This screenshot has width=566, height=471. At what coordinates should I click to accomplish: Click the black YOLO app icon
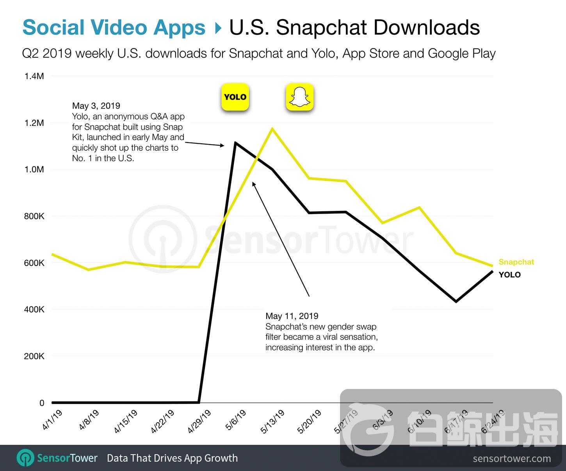pyautogui.click(x=235, y=97)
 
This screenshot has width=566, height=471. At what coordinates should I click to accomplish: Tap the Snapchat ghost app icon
pyautogui.click(x=300, y=97)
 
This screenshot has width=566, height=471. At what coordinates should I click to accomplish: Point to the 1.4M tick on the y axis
pyautogui.click(x=34, y=76)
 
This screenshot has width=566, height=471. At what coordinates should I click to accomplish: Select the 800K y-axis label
pyautogui.click(x=34, y=216)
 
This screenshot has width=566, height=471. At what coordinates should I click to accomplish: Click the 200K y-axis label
pyautogui.click(x=34, y=356)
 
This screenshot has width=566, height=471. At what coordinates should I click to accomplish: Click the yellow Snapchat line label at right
pyautogui.click(x=516, y=262)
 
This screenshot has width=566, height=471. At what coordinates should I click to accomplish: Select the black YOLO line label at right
pyautogui.click(x=509, y=275)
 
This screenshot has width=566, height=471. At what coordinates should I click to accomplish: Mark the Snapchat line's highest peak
pyautogui.click(x=272, y=128)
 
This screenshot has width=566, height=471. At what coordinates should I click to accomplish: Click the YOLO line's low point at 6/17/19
pyautogui.click(x=456, y=302)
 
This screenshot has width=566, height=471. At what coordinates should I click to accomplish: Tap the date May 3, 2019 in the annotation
pyautogui.click(x=96, y=106)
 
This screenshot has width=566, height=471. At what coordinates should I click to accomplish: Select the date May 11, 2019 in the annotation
pyautogui.click(x=292, y=316)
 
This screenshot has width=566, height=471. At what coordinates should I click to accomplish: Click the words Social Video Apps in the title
pyautogui.click(x=114, y=28)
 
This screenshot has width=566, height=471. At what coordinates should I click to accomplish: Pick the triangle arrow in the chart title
pyautogui.click(x=218, y=28)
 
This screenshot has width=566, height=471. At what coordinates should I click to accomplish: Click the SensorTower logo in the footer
pyautogui.click(x=57, y=458)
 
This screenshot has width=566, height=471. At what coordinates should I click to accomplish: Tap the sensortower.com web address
pyautogui.click(x=512, y=459)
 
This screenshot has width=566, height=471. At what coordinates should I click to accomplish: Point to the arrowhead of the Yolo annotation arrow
pyautogui.click(x=222, y=146)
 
